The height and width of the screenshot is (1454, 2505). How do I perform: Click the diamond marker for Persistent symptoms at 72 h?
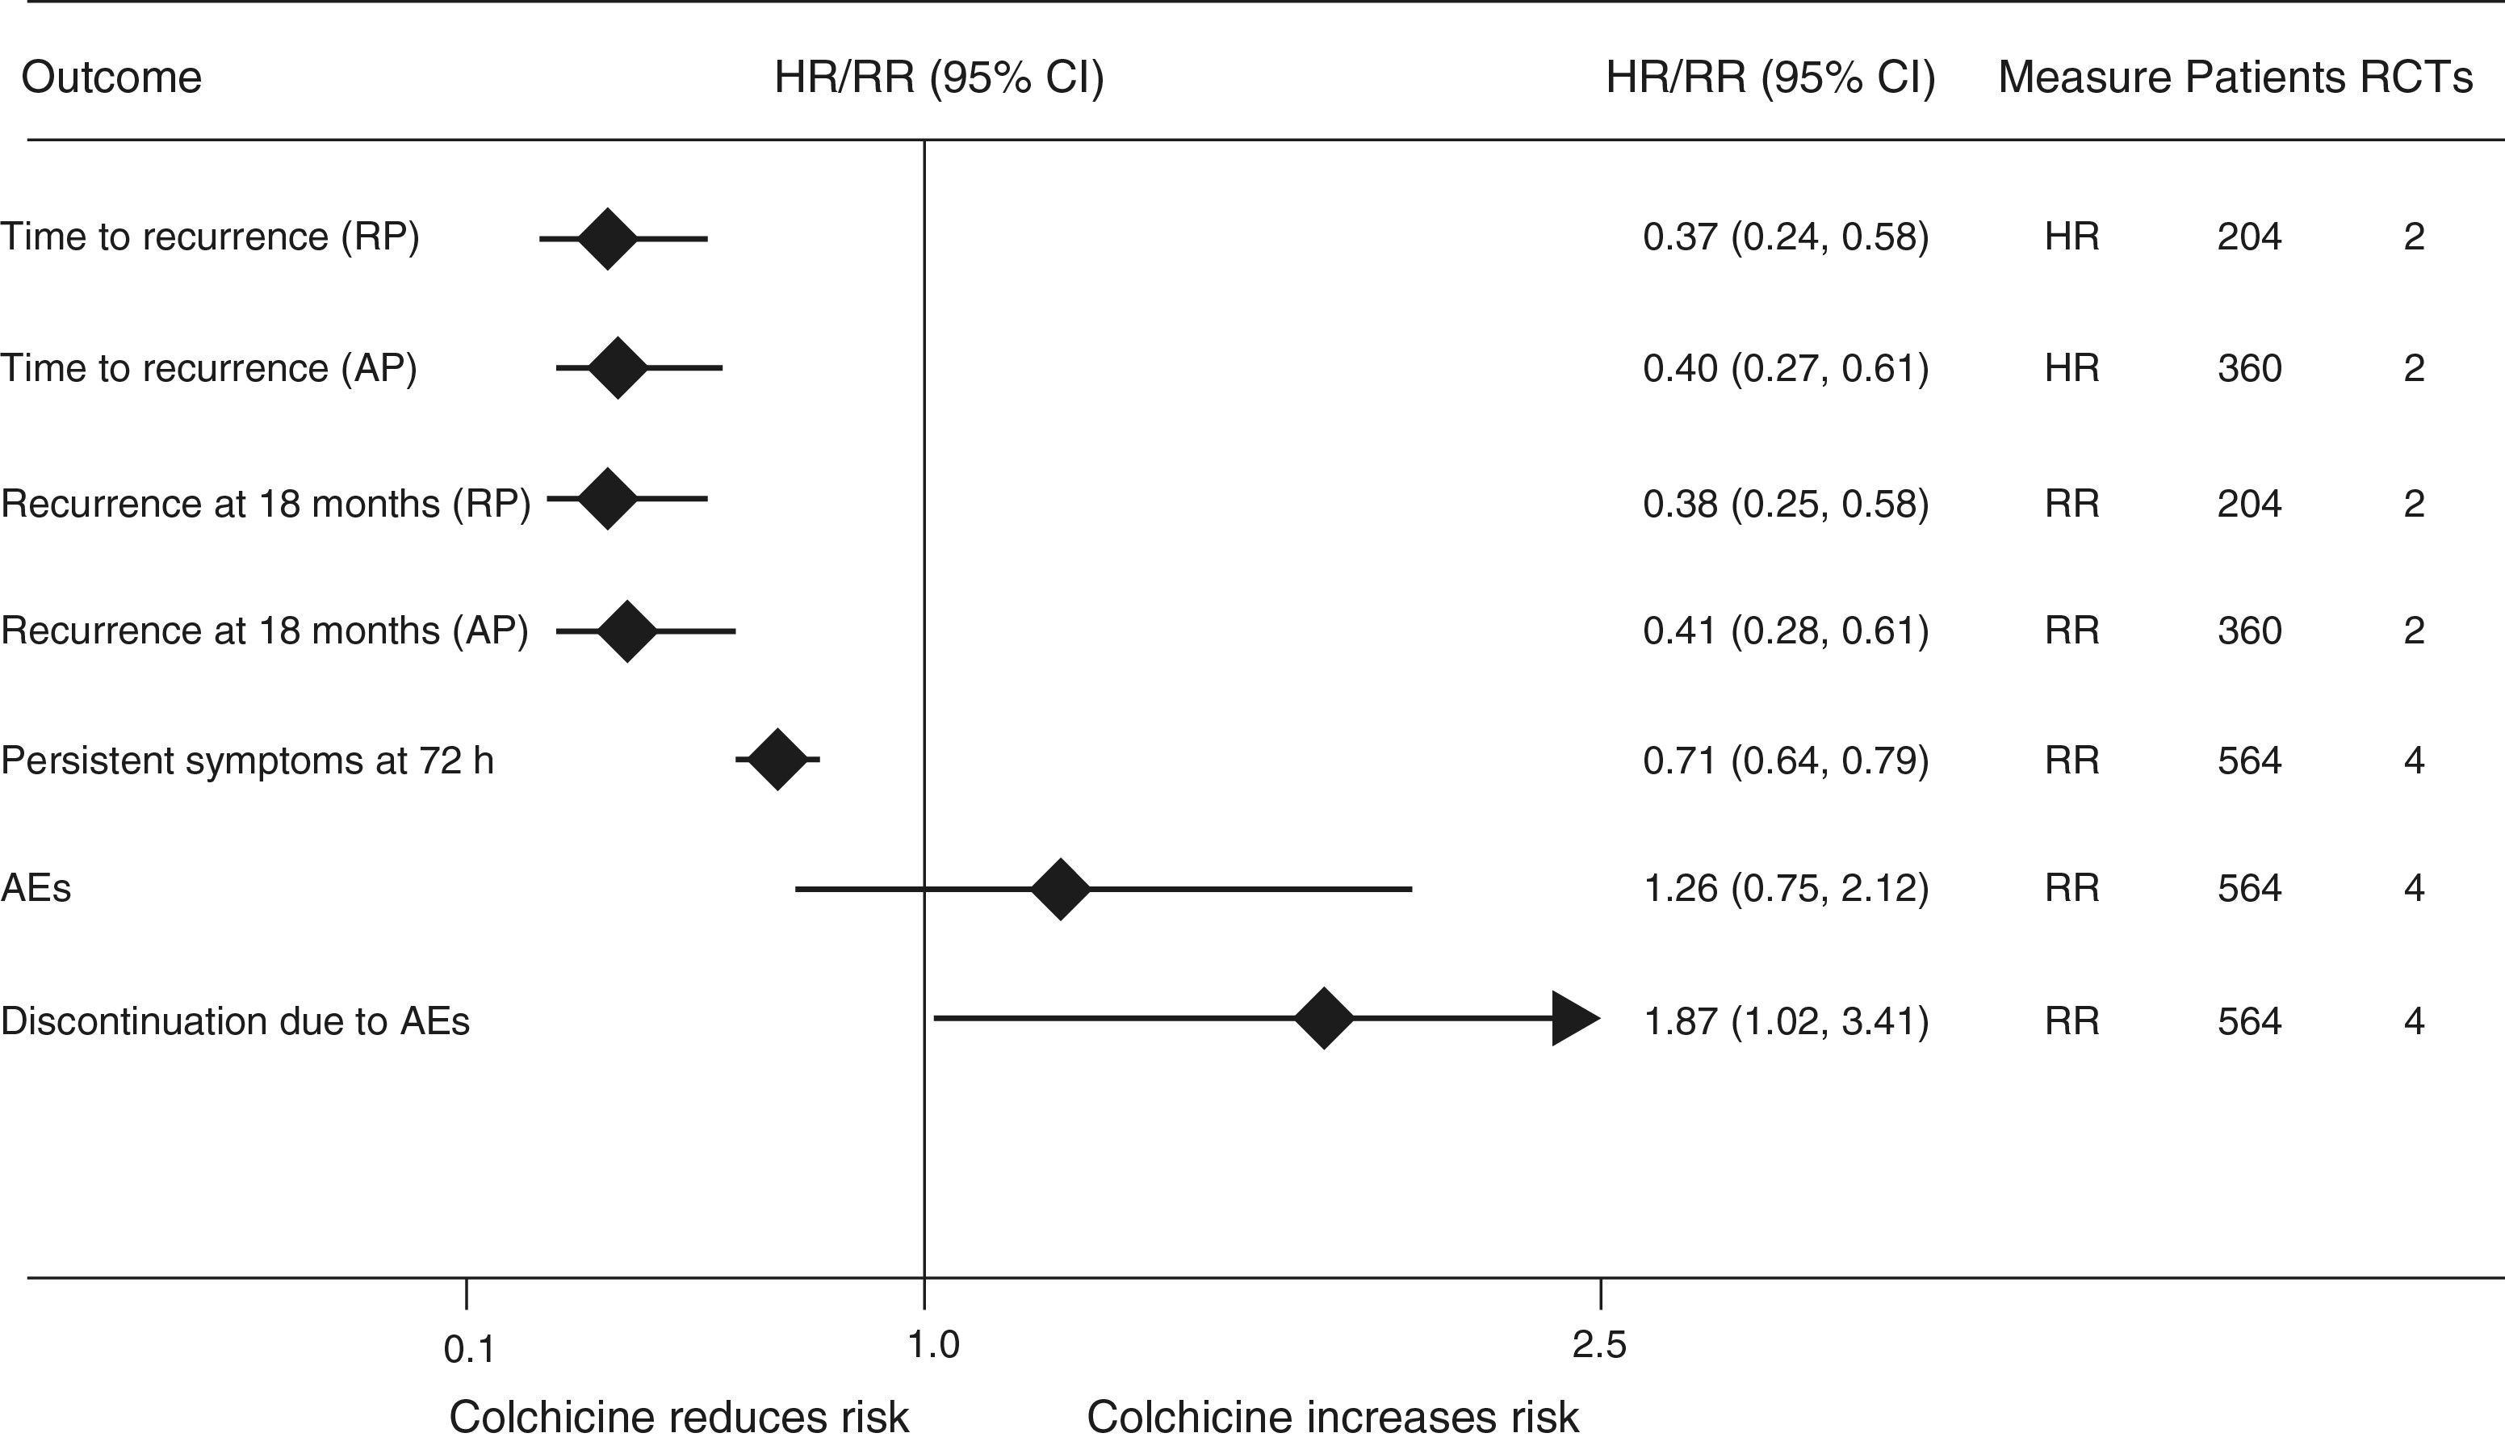[x=777, y=760]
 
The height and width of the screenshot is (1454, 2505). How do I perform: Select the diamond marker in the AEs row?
[x=1060, y=889]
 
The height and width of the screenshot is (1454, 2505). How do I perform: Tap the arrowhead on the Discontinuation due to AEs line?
[x=1574, y=1018]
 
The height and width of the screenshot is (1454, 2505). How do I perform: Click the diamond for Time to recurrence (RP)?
[x=607, y=238]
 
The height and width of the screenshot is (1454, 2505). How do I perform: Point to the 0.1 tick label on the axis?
[x=468, y=1350]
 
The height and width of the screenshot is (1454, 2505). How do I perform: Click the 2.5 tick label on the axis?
[x=1598, y=1345]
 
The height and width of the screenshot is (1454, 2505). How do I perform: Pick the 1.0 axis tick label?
[x=932, y=1345]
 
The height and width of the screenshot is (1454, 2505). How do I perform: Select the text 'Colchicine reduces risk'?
[x=678, y=1417]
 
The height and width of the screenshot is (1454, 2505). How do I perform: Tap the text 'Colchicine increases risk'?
[x=1332, y=1417]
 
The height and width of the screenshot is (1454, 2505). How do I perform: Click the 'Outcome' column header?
[x=111, y=78]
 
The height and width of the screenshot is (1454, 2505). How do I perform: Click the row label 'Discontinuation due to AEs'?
[x=235, y=1020]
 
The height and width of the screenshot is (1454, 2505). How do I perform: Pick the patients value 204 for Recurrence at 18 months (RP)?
[x=2248, y=504]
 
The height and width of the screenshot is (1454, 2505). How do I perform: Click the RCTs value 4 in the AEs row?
[x=2414, y=887]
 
